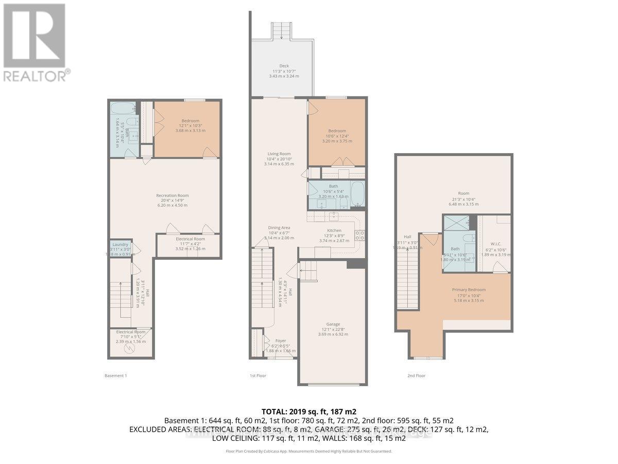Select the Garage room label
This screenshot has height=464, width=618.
pos(332,324)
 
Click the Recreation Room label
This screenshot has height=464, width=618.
pos(173,195)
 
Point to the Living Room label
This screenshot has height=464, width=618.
pos(279,154)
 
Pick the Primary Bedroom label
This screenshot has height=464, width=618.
pos(469,290)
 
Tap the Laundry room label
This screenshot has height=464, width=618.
pos(120,244)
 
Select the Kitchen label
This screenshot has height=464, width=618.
pos(334,230)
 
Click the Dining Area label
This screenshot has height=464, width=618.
pos(279,227)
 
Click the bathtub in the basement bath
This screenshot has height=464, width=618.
pos(121,109)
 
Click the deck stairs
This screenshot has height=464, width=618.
pos(281,29)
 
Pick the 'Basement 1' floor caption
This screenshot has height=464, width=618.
pos(115,376)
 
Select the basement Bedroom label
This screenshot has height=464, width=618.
pos(186,121)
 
